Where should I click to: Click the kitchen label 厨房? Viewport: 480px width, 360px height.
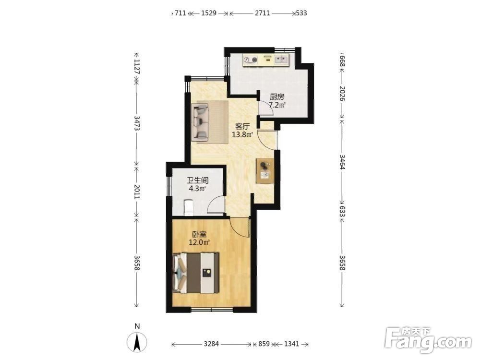tap(277, 97)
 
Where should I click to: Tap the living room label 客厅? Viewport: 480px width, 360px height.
tap(242, 126)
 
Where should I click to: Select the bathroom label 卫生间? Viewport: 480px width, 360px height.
tap(198, 180)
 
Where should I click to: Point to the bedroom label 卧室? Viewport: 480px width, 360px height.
tap(199, 235)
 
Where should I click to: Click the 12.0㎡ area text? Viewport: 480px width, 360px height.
tap(199, 242)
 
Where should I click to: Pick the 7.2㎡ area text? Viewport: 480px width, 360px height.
tap(277, 105)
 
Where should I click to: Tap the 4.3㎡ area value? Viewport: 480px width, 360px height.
tap(197, 189)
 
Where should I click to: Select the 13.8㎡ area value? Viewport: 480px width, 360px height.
tap(242, 134)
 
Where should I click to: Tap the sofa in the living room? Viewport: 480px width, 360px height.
tap(200, 122)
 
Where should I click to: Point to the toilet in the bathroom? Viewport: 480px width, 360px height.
tap(189, 207)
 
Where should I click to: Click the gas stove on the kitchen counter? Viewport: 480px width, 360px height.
tap(251, 60)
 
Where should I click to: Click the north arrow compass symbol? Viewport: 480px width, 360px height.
tap(137, 342)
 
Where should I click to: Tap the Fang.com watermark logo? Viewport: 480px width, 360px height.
tap(428, 340)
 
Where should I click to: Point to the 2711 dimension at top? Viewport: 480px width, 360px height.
tap(263, 13)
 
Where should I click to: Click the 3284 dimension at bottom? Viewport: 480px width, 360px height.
tap(211, 344)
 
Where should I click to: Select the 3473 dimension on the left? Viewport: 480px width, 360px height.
tap(137, 123)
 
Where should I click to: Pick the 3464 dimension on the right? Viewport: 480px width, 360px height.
tap(342, 162)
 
